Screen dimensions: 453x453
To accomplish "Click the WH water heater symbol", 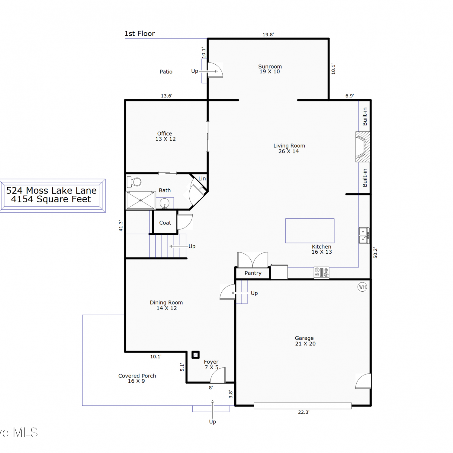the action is click(362, 287).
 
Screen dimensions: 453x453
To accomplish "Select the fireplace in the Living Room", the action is click(363, 147).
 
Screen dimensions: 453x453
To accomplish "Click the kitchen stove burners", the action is click(322, 272).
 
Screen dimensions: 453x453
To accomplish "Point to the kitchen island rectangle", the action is click(310, 231).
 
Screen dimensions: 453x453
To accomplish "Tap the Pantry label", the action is click(253, 273).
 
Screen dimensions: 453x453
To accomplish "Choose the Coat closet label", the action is click(165, 223).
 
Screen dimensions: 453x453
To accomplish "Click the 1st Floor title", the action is click(140, 34).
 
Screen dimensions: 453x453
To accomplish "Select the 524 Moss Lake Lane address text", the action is click(51, 191).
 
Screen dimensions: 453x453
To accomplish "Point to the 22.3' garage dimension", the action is click(304, 412).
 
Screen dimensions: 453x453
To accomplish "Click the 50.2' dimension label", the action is click(375, 253).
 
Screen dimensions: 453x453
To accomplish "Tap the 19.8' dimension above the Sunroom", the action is click(268, 34).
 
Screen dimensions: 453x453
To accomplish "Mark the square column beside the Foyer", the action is click(196, 355).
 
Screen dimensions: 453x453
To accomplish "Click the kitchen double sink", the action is click(364, 236).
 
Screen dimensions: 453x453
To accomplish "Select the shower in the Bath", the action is click(141, 200).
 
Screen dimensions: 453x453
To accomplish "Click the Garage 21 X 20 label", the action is click(305, 341).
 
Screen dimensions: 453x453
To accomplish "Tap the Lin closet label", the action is click(202, 178).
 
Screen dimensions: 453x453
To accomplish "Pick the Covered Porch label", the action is click(137, 378).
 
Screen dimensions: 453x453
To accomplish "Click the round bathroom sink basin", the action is click(164, 203).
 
